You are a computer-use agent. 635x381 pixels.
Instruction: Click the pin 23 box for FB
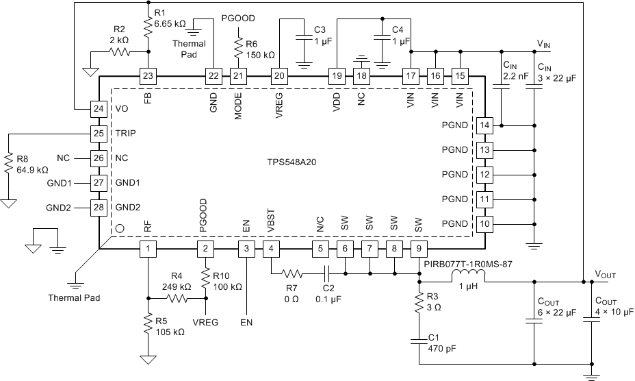point(148,75)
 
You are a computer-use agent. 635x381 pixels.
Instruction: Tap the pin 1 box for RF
point(148,249)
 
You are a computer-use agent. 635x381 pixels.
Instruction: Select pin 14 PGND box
point(484,125)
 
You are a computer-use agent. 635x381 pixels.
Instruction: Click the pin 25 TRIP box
point(99,133)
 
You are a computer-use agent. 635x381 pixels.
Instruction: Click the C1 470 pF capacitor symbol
point(419,341)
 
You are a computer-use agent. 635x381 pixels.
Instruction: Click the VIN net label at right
point(544,43)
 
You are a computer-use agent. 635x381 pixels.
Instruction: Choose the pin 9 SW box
point(419,249)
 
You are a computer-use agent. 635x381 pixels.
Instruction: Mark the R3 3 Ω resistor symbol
point(419,306)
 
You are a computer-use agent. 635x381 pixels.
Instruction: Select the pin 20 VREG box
point(279,75)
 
